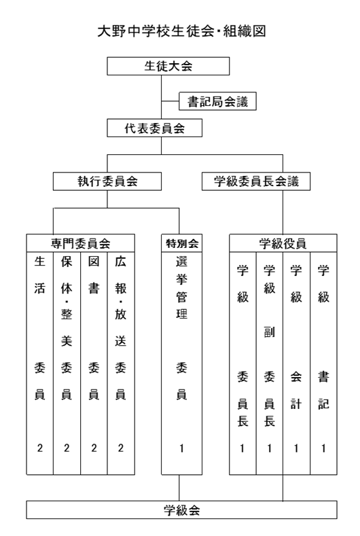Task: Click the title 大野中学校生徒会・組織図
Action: pyautogui.click(x=181, y=31)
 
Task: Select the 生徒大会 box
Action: pyautogui.click(x=168, y=66)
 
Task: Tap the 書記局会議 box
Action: pyautogui.click(x=217, y=101)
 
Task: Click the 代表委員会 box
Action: pyautogui.click(x=155, y=128)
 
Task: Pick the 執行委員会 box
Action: pyautogui.click(x=107, y=181)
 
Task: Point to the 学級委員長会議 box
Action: pyautogui.click(x=256, y=181)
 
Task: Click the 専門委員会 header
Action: pyautogui.click(x=80, y=243)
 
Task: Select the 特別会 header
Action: pyautogui.click(x=181, y=243)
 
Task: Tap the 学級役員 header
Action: pyautogui.click(x=283, y=243)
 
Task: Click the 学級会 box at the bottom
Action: pyautogui.click(x=181, y=510)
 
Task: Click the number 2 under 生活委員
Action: pyautogui.click(x=39, y=448)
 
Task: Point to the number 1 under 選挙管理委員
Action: pyautogui.click(x=181, y=448)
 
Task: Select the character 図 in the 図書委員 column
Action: pyautogui.click(x=94, y=262)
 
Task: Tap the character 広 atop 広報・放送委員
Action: pyautogui.click(x=120, y=262)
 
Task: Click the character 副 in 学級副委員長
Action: pyautogui.click(x=270, y=332)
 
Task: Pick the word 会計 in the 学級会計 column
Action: pyautogui.click(x=296, y=391)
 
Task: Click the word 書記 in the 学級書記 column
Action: pyautogui.click(x=323, y=391)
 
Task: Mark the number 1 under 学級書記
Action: pyautogui.click(x=323, y=448)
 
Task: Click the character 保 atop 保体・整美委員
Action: pyautogui.click(x=67, y=262)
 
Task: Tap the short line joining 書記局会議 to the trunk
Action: pyautogui.click(x=170, y=101)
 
